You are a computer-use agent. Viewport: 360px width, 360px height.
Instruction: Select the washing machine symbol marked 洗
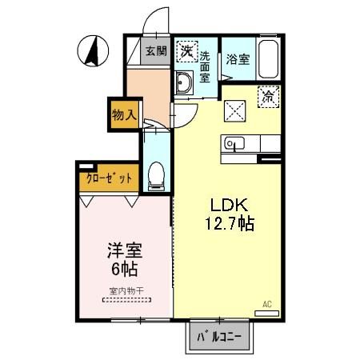186,50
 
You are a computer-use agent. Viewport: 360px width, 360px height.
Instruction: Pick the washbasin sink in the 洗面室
185,82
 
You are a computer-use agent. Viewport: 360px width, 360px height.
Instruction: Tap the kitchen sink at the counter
235,144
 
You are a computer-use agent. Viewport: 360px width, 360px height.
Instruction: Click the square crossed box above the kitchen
236,110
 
